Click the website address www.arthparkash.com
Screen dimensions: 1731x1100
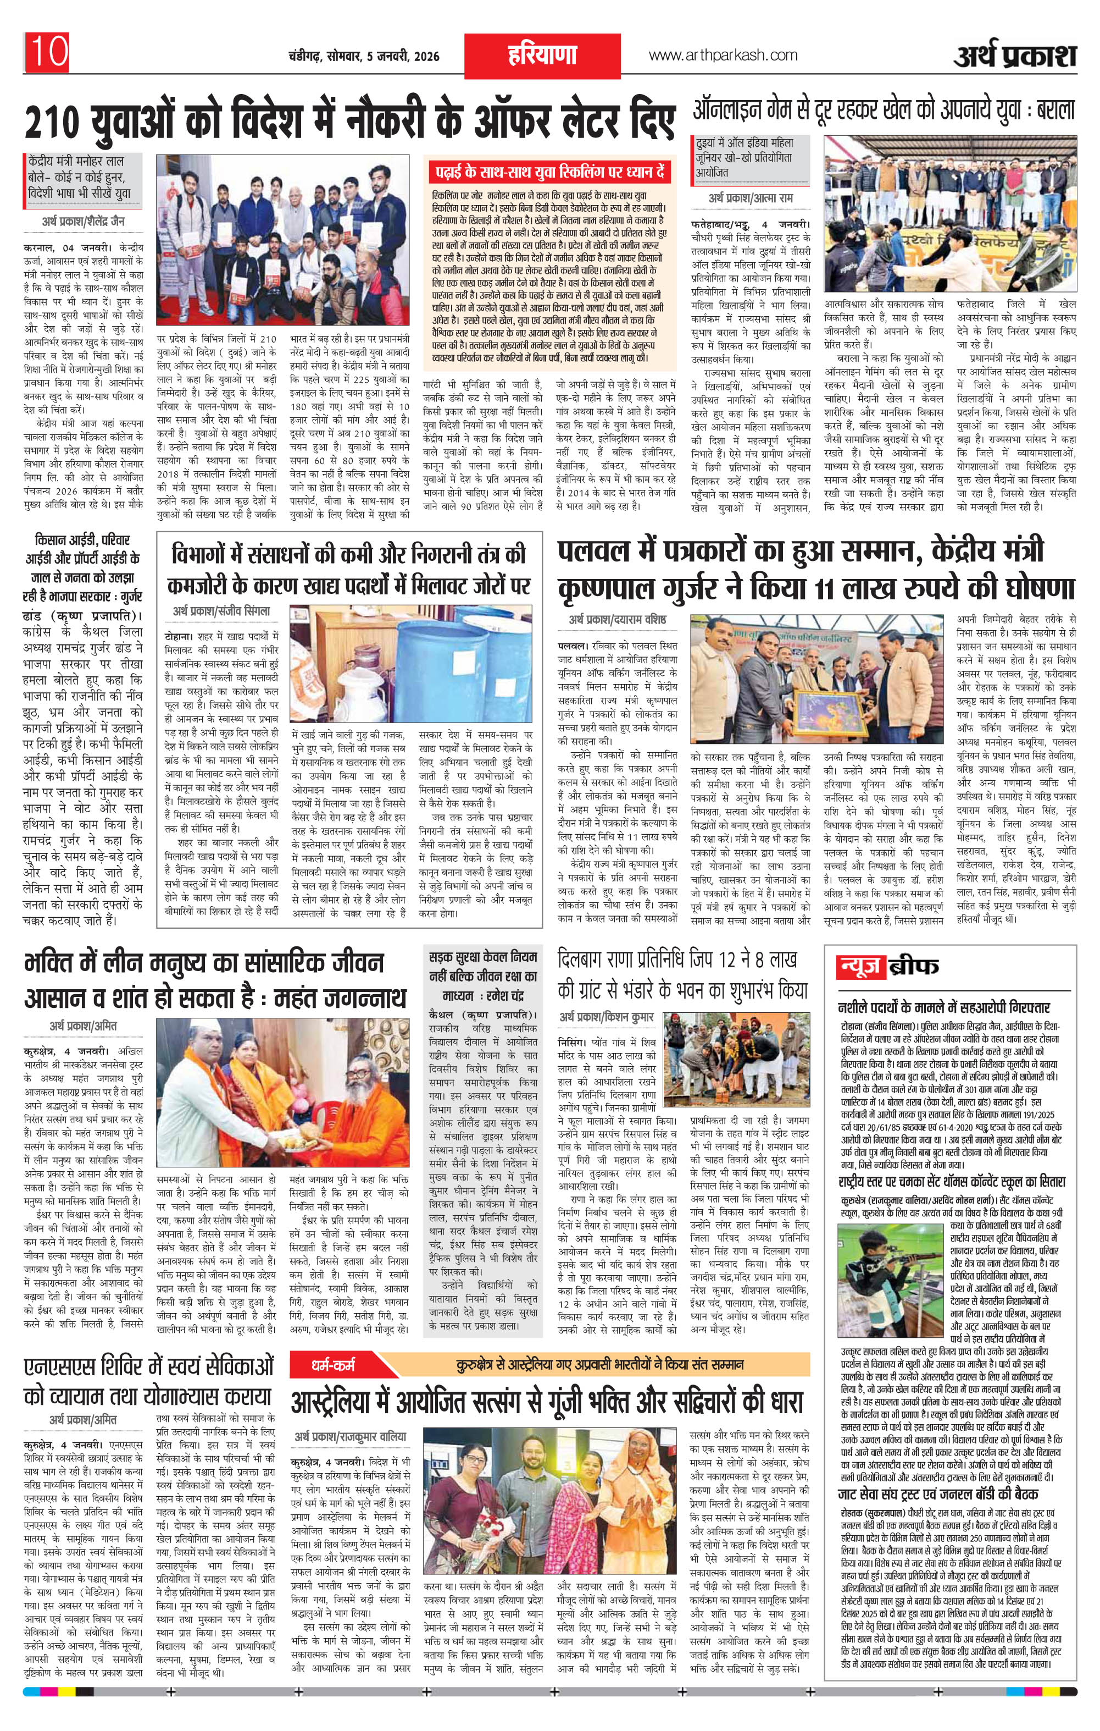pyautogui.click(x=723, y=56)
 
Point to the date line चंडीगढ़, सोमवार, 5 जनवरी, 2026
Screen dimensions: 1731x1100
pyautogui.click(x=364, y=56)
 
